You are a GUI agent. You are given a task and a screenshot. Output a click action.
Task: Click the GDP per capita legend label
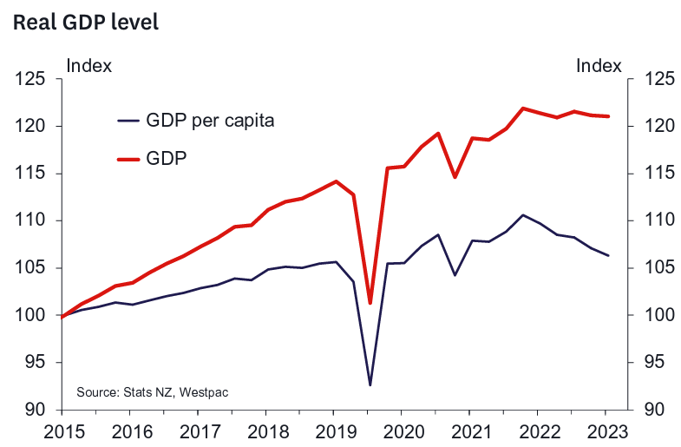coord(210,121)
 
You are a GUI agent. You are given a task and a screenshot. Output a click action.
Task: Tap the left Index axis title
coord(88,65)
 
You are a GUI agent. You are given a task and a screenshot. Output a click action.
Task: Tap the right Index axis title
coord(599,65)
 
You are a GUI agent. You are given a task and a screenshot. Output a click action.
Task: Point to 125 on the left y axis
coord(31,80)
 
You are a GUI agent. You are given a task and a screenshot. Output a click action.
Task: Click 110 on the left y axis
coord(31,221)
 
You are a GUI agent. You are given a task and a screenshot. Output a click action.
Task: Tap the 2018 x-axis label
coord(266,431)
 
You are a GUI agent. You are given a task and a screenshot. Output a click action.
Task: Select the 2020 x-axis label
coord(403,431)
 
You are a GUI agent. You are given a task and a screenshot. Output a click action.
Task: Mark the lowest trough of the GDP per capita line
coord(370,385)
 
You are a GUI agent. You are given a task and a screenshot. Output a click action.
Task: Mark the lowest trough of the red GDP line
coord(370,303)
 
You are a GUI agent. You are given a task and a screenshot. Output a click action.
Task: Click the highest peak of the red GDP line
coord(522,108)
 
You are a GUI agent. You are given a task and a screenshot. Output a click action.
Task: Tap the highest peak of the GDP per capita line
coord(522,215)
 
